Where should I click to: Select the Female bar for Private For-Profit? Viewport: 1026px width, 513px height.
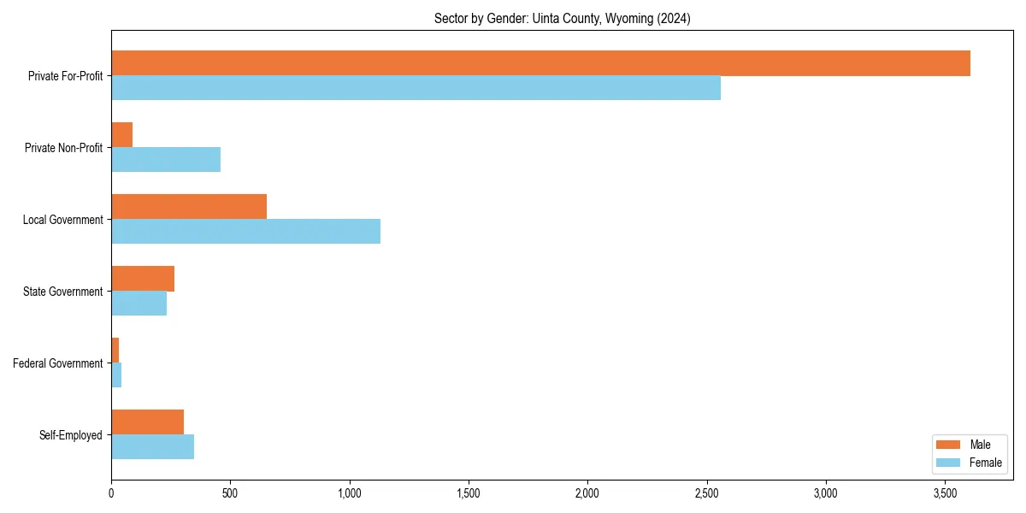[416, 88]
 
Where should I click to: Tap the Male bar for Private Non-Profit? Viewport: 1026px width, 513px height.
[121, 135]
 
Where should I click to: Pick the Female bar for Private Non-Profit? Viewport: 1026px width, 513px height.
[166, 160]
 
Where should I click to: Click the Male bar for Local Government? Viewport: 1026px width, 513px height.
[189, 207]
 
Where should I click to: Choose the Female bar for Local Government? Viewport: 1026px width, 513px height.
[245, 232]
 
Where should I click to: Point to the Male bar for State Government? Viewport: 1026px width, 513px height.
[143, 279]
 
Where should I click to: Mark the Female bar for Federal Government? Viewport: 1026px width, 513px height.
[116, 375]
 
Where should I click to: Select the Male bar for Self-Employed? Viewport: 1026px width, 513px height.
[147, 422]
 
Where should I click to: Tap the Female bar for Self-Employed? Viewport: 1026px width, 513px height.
[152, 447]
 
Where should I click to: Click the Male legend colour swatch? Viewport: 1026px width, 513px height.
[949, 445]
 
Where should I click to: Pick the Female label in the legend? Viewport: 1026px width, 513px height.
[986, 463]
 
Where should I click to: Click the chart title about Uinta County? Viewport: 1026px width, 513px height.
[562, 18]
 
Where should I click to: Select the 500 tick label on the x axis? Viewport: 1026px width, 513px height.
[230, 494]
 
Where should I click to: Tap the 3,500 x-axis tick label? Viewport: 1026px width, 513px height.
[944, 494]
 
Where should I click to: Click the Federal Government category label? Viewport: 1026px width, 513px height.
[58, 363]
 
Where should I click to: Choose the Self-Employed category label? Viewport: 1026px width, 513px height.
[71, 435]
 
